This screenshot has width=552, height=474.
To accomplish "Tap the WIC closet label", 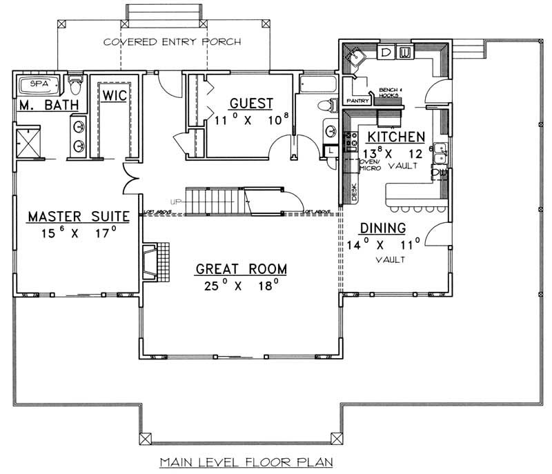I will (x=113, y=96).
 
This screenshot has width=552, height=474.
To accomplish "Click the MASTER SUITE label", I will (x=79, y=217).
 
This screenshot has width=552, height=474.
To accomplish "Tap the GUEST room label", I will (x=251, y=103).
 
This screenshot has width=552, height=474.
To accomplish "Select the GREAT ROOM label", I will (x=241, y=268).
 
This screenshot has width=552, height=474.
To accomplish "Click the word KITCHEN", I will (x=395, y=137).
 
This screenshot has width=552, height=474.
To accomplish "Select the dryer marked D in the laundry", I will (x=386, y=52).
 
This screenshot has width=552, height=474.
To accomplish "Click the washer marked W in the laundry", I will (x=406, y=52).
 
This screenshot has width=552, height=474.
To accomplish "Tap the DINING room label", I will (x=382, y=228).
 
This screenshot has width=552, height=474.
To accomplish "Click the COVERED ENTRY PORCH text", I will (x=172, y=42).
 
